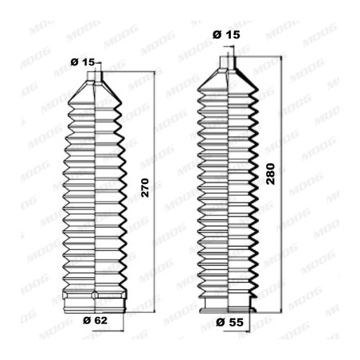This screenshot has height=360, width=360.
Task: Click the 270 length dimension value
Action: click(145, 188)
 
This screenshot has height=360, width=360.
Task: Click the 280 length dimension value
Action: click(271, 174)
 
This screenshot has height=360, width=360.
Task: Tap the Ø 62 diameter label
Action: click(95, 320)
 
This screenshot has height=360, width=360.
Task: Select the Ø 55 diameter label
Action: click(229, 322)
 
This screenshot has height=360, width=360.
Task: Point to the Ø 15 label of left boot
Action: click(83, 62)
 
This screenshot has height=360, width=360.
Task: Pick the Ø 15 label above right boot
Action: click(226, 34)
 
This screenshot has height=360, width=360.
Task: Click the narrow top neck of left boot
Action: click(95, 76)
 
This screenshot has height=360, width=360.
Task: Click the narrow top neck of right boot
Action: click(227, 62)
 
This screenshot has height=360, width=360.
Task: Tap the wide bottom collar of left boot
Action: click(95, 302)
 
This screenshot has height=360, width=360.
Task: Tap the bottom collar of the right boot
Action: click(228, 304)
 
